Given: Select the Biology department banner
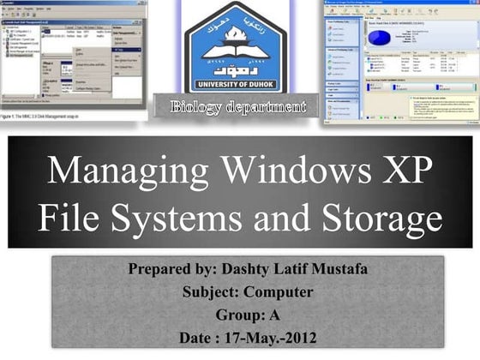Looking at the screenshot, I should click(237, 107).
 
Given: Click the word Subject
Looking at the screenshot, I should click(212, 292).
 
